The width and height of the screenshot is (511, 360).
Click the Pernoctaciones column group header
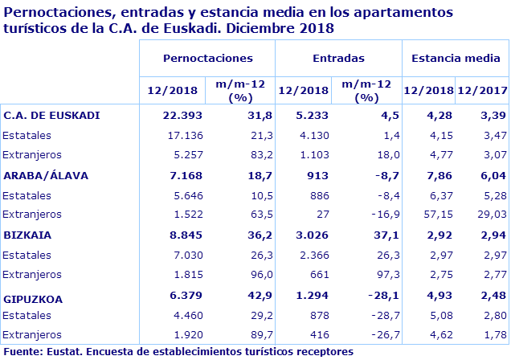207,59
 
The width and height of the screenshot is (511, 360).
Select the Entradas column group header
338,59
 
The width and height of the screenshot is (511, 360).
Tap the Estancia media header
456,59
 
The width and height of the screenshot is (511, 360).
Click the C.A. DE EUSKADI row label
51,115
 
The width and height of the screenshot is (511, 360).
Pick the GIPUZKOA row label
33,299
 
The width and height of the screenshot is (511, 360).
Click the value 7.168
181,174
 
